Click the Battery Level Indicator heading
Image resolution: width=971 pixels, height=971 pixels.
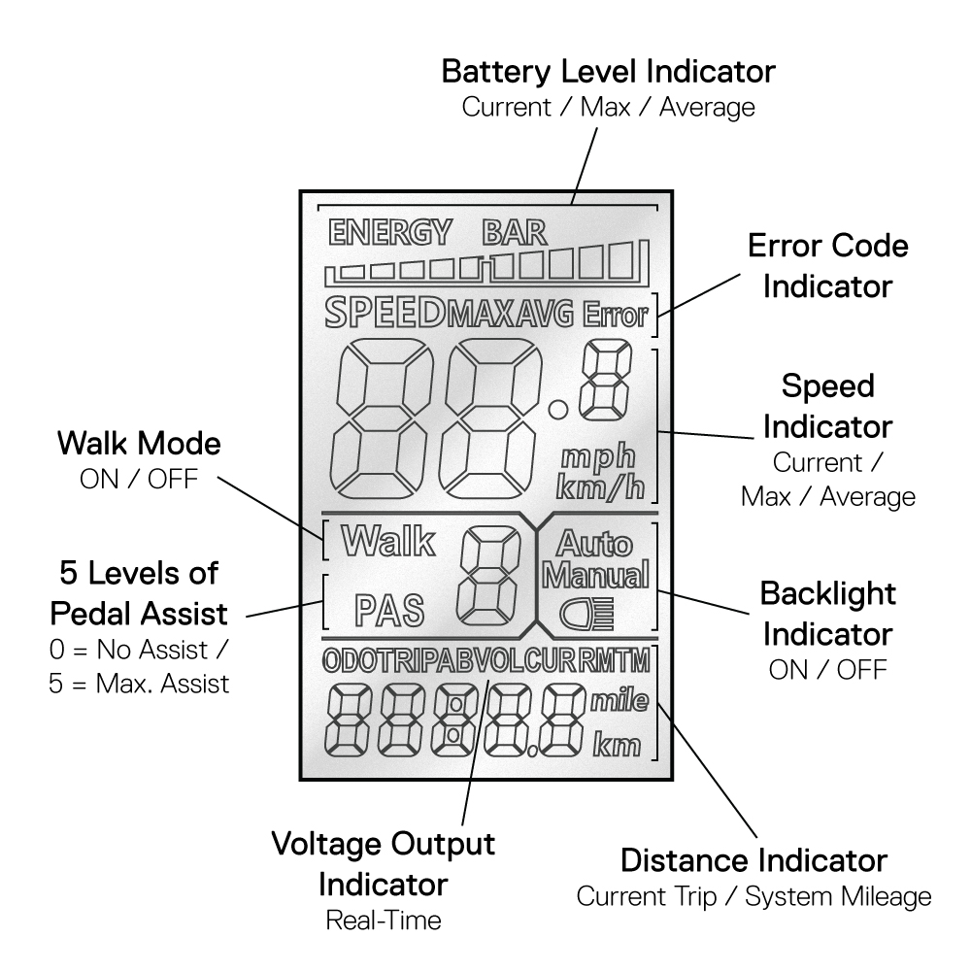click(609, 71)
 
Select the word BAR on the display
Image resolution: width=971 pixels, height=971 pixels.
click(515, 233)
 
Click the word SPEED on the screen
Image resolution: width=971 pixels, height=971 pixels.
click(385, 313)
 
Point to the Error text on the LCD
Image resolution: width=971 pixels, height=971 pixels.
click(617, 314)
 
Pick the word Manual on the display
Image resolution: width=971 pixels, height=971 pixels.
click(595, 576)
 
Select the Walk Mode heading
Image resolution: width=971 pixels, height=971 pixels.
click(139, 445)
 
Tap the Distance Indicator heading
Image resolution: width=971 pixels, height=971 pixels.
click(753, 859)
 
